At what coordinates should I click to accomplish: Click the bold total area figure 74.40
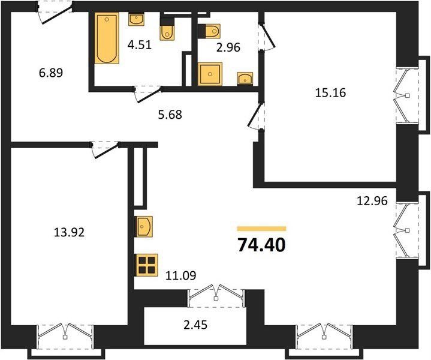tap(261, 245)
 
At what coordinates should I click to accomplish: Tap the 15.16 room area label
tap(330, 93)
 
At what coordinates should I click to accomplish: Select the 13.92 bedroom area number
tap(69, 233)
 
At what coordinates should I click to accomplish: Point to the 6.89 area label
tap(51, 73)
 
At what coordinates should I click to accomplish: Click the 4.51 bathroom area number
tap(140, 45)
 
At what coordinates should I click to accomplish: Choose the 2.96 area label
tap(228, 47)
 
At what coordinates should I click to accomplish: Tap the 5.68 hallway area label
tap(170, 115)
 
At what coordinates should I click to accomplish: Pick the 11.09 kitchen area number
tap(181, 275)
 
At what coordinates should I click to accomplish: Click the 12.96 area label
tap(372, 201)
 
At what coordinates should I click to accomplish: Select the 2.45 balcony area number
tap(195, 325)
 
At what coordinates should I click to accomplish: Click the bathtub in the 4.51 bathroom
tap(107, 38)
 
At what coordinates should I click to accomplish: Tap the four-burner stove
tap(147, 265)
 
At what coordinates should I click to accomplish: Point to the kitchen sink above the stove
tap(144, 226)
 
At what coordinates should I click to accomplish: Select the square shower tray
tap(210, 74)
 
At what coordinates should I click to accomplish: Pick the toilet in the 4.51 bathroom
tap(167, 32)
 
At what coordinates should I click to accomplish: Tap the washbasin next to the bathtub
tap(136, 19)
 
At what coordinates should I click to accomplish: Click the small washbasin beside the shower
tap(245, 79)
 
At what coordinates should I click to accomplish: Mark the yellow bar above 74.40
tap(262, 229)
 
